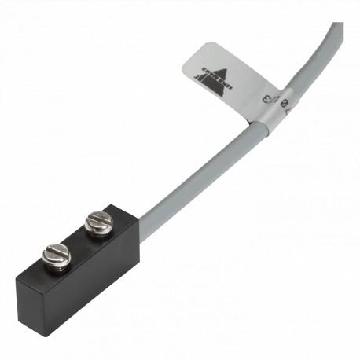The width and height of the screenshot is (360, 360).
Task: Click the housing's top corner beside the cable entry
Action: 118,206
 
